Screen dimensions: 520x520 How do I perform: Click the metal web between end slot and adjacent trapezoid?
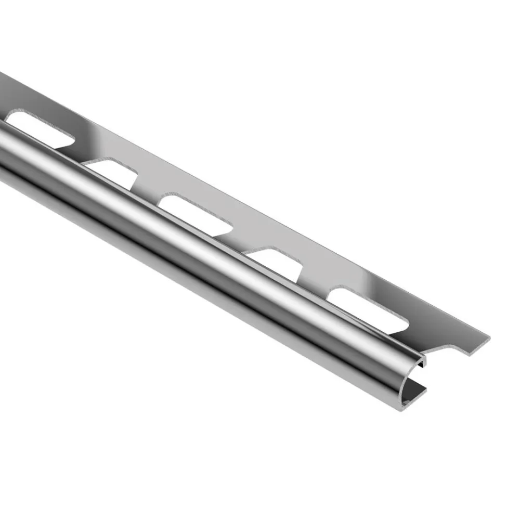pos(315,283)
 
